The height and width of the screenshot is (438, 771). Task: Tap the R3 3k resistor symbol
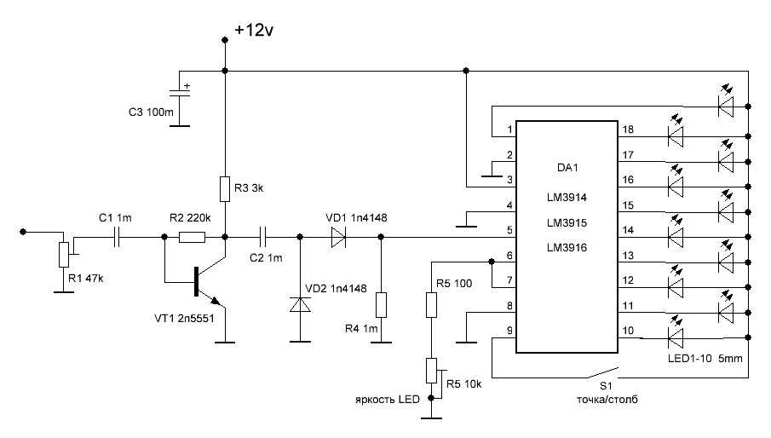pos(225,188)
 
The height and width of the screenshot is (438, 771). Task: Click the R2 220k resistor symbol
pos(193,238)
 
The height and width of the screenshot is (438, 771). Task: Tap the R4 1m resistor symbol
pos(380,304)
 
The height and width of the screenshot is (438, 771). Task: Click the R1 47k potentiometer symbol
pos(62,254)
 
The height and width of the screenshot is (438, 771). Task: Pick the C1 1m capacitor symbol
pos(116,238)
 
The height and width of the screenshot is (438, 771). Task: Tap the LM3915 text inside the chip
pos(568,222)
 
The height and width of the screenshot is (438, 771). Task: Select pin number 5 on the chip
pos(509,230)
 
